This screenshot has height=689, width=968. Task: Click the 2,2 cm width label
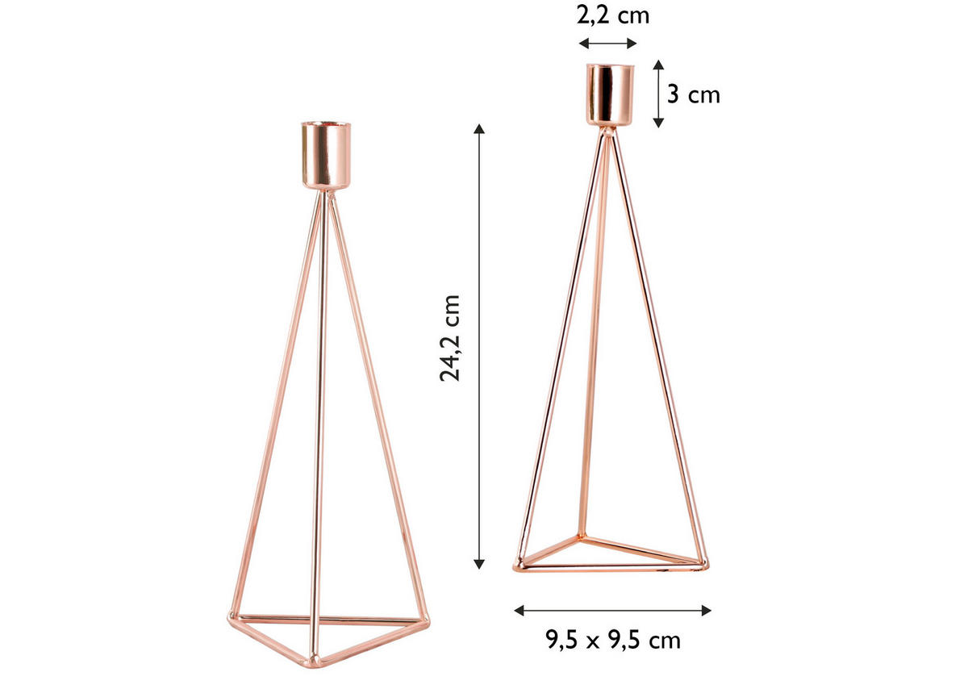613,15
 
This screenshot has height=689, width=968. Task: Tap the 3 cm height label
694,94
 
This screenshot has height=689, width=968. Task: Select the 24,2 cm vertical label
451,336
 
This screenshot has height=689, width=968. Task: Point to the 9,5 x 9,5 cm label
613,641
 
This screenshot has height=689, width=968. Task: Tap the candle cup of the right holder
610,95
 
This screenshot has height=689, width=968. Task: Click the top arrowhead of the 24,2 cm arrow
480,129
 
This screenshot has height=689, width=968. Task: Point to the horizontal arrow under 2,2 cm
608,43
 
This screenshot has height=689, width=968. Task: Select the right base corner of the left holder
424,620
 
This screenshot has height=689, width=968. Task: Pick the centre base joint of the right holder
578,536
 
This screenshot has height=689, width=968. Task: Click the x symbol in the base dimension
613,642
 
